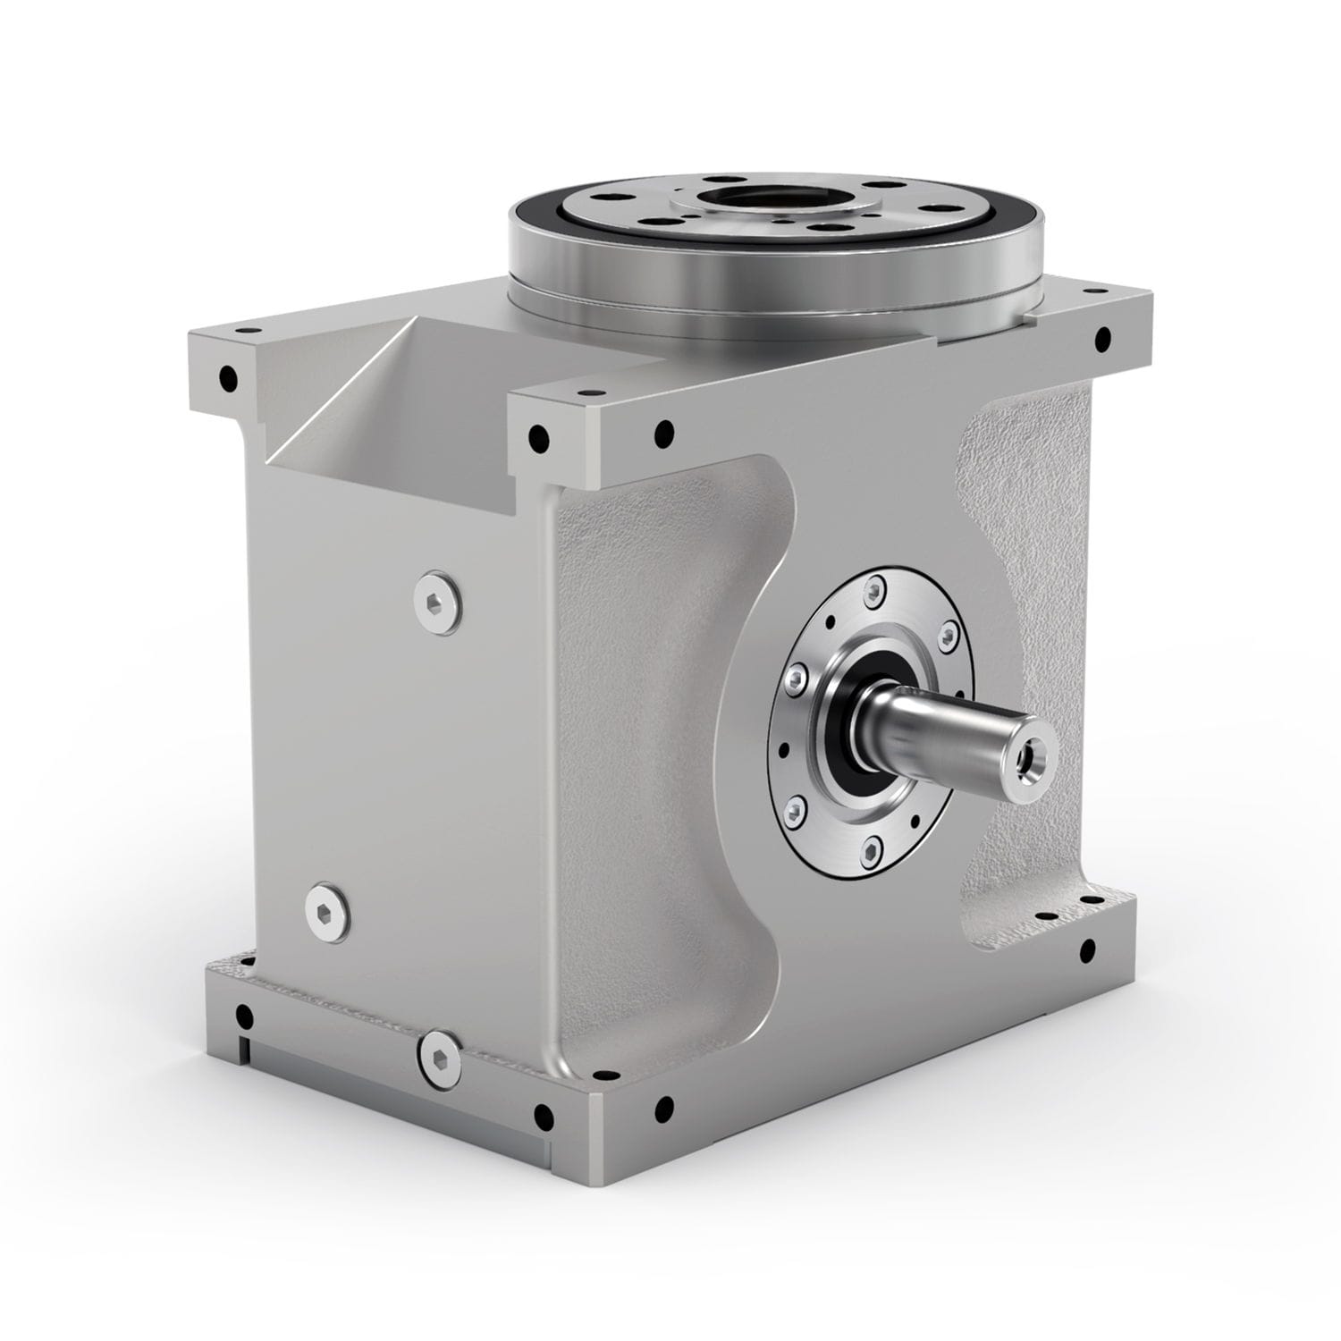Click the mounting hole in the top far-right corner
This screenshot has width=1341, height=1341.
[1102, 338]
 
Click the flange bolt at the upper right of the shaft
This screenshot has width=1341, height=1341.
[946, 637]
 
